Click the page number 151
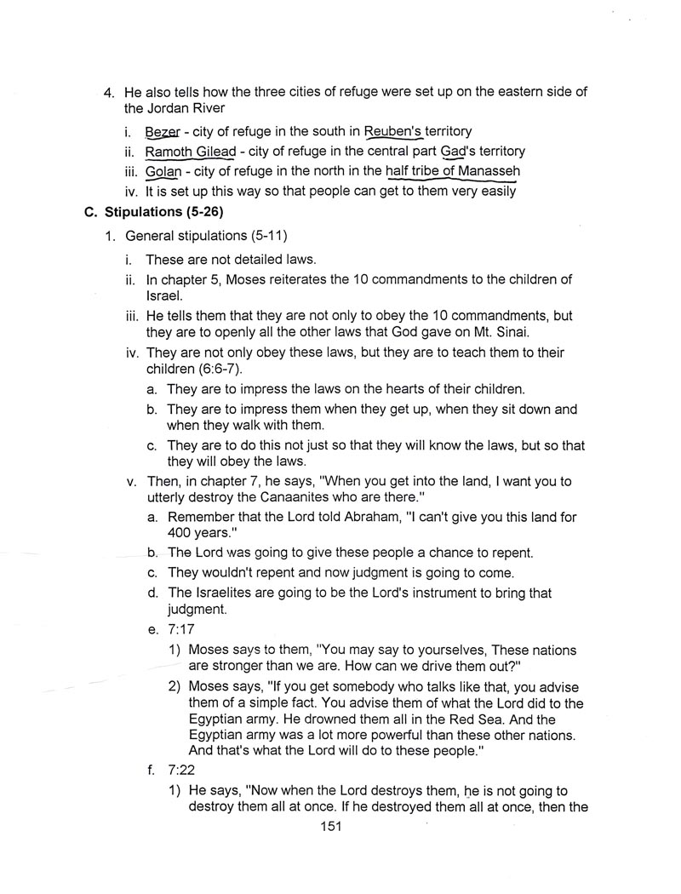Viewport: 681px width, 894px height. (329, 826)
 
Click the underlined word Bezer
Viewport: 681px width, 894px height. (163, 132)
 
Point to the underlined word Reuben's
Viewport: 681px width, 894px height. (393, 132)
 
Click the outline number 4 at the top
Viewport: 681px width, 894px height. (107, 92)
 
